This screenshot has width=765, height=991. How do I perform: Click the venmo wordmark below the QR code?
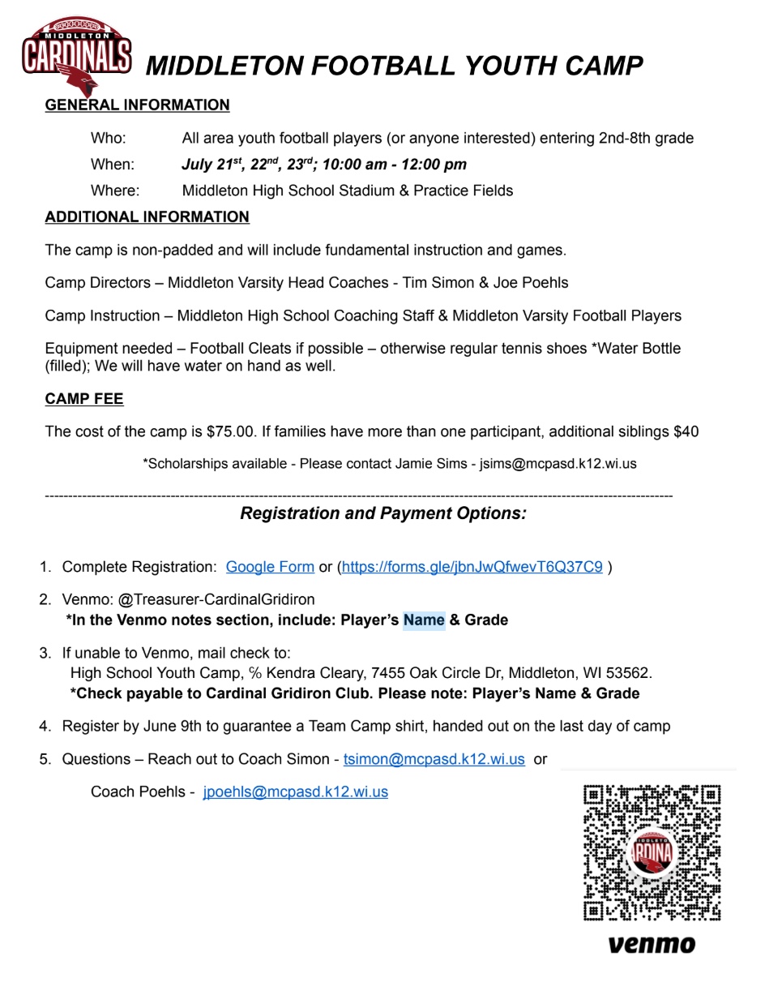coord(652,944)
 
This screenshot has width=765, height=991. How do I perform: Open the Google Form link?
coord(270,567)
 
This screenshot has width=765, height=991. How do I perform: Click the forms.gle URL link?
coord(472,567)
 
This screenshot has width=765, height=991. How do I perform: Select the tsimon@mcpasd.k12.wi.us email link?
coord(434,759)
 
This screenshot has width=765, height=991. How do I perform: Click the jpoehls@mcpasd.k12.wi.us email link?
coord(295,792)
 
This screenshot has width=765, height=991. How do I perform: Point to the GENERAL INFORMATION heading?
coord(137,105)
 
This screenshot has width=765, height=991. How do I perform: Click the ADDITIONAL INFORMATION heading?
coord(147,217)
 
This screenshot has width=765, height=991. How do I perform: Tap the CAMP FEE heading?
coord(84,399)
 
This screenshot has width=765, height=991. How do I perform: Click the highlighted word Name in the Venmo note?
coord(424,620)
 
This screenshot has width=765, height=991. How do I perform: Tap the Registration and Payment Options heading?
coord(383,513)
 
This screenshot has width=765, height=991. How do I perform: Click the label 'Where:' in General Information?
coord(115,191)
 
